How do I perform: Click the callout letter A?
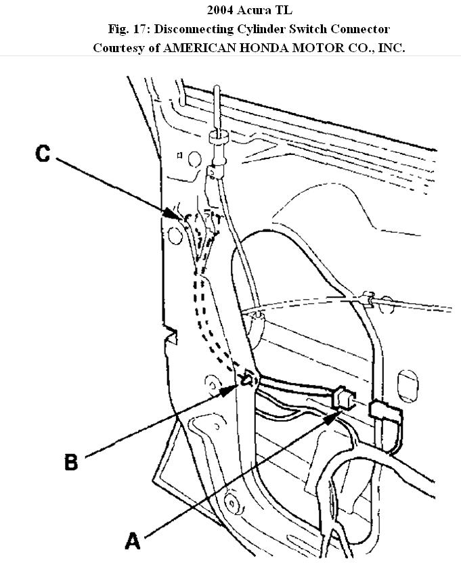pos(132,541)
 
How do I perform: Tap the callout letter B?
pos(71,462)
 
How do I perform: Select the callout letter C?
pos(43,154)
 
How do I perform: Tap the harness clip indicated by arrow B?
pos(248,380)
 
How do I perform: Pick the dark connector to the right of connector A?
pos(384,414)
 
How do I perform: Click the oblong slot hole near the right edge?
pos(409,380)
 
